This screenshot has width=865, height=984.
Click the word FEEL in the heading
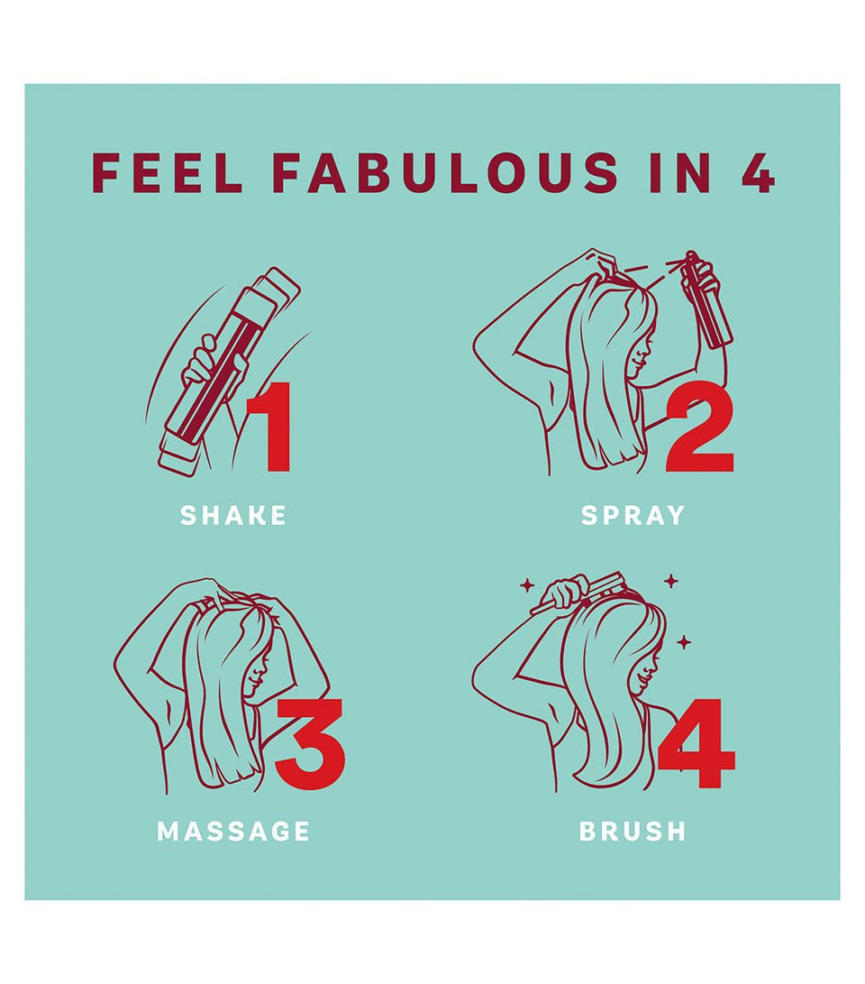(x=168, y=172)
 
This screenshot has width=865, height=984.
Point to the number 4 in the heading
(x=758, y=172)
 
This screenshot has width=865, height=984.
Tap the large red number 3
(x=309, y=744)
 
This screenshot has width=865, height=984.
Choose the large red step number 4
(x=697, y=744)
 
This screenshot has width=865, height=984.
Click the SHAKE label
(x=233, y=516)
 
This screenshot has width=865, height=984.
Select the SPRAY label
(x=633, y=516)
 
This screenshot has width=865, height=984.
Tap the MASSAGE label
(x=233, y=832)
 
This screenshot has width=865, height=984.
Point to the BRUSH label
(x=633, y=832)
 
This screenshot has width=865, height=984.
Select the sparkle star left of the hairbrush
(x=526, y=585)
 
